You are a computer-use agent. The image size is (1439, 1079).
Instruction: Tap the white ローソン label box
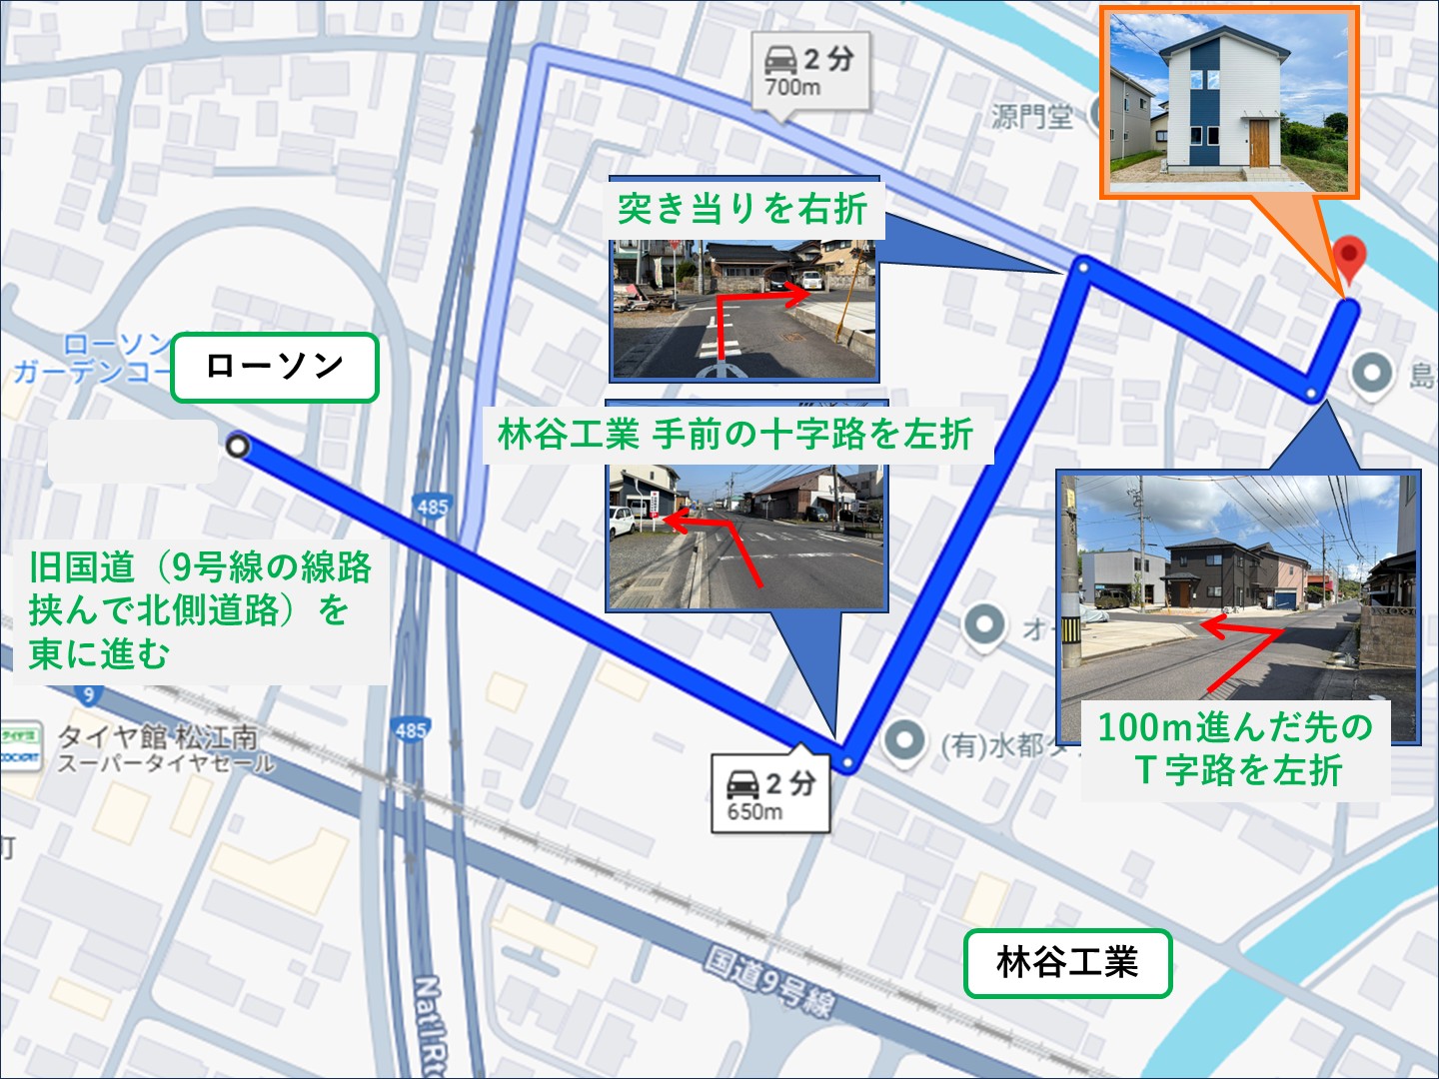pyautogui.click(x=275, y=368)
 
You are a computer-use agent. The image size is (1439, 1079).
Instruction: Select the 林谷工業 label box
pyautogui.click(x=1067, y=963)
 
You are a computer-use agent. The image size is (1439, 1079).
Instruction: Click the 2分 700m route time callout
pyautogui.click(x=810, y=72)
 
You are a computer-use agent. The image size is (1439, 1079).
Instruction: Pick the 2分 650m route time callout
pyautogui.click(x=770, y=795)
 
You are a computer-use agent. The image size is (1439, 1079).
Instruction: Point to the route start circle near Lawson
pyautogui.click(x=237, y=447)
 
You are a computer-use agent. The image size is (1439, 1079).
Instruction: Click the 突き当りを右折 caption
pyautogui.click(x=742, y=209)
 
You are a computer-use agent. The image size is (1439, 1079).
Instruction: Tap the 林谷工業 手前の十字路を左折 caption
pyautogui.click(x=736, y=435)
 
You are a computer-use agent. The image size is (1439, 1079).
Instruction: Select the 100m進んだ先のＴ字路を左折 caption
pyautogui.click(x=1236, y=748)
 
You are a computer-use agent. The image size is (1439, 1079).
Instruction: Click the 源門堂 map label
pyautogui.click(x=1032, y=117)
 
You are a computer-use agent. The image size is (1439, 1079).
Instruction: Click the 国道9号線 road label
pyautogui.click(x=769, y=979)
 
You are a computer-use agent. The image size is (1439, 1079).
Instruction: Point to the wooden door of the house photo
pyautogui.click(x=1258, y=143)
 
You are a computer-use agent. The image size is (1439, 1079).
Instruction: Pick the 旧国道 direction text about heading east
pyautogui.click(x=200, y=610)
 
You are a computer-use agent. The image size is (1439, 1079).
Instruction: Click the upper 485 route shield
pyautogui.click(x=433, y=507)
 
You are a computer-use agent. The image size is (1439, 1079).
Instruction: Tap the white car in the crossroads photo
pyautogui.click(x=622, y=521)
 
